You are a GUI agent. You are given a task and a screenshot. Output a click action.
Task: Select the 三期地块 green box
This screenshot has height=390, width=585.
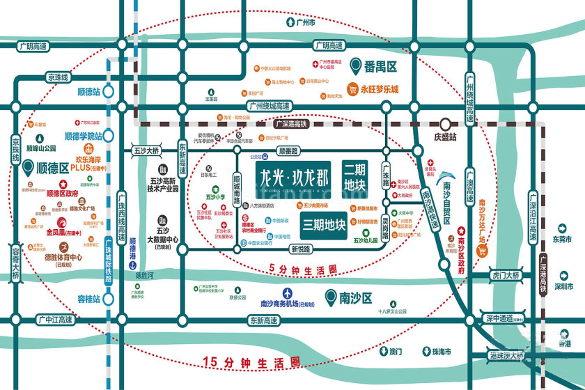pyautogui.click(x=325, y=225)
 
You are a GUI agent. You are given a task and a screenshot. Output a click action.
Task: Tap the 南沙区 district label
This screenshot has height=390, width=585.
pyautogui.click(x=356, y=298)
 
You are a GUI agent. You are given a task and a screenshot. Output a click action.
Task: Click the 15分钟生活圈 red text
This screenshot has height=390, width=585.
pyautogui.click(x=251, y=361)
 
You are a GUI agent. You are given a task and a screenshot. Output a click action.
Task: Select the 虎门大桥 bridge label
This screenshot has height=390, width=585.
pyautogui.click(x=506, y=276)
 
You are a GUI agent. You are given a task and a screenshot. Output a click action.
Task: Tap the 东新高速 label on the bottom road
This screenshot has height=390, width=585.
pyautogui.click(x=263, y=320)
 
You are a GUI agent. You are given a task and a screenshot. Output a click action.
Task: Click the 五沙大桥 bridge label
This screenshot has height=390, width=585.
pyautogui.click(x=146, y=150)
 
